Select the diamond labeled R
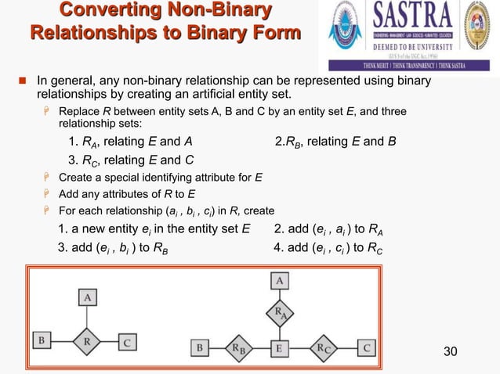click(x=88, y=341)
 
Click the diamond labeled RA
click(x=279, y=313)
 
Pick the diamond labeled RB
click(x=237, y=347)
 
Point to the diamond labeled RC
click(x=323, y=347)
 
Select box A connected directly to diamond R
click(x=88, y=297)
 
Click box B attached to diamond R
click(x=41, y=341)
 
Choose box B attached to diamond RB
click(x=201, y=347)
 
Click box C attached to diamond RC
click(x=367, y=347)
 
